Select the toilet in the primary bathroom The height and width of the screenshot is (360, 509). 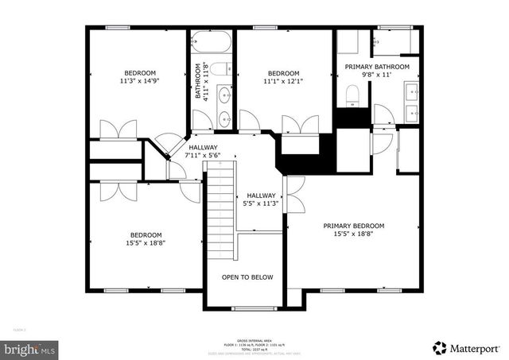(x=352, y=96)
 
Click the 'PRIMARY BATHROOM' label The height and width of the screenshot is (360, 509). (x=377, y=67)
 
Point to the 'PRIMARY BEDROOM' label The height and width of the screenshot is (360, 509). (x=354, y=226)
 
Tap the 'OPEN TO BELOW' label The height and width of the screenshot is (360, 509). (x=247, y=277)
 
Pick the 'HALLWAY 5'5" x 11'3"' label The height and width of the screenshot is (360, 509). (x=261, y=199)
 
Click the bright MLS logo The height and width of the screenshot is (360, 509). (x=30, y=348)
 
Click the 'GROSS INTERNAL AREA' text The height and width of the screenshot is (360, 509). (x=254, y=338)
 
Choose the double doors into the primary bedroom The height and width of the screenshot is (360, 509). (x=291, y=193)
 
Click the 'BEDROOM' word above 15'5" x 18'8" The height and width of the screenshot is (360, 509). (x=146, y=234)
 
